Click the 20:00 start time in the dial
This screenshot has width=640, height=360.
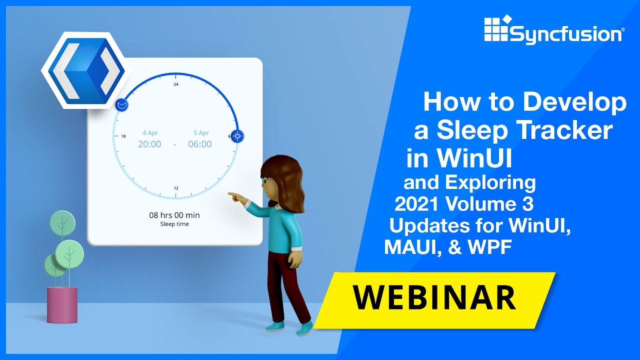149,144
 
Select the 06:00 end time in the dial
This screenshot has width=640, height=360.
199,144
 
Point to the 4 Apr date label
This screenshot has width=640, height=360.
150,133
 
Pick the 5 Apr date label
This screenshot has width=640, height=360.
201,133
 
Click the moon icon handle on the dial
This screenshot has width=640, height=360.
122,105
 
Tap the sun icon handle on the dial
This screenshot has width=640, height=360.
237,135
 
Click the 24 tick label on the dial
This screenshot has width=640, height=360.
176,84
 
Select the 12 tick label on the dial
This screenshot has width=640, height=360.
176,188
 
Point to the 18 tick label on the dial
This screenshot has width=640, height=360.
123,136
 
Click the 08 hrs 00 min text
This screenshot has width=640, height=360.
174,215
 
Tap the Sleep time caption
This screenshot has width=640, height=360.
174,224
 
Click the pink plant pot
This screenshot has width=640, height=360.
62,304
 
